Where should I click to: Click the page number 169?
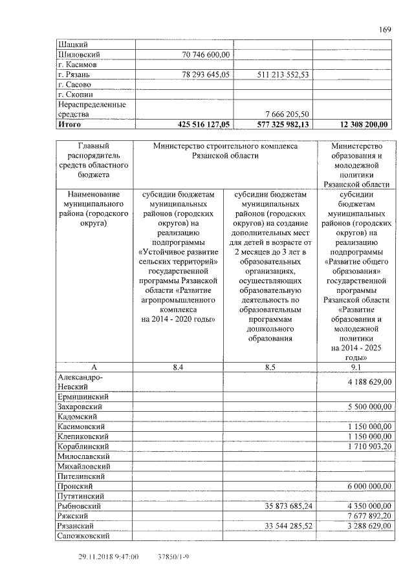coord(386,29)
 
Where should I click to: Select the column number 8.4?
coord(178,367)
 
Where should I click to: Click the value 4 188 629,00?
coord(369,382)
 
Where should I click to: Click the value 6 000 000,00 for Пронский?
coord(369,485)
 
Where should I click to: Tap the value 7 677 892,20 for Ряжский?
coord(369,516)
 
